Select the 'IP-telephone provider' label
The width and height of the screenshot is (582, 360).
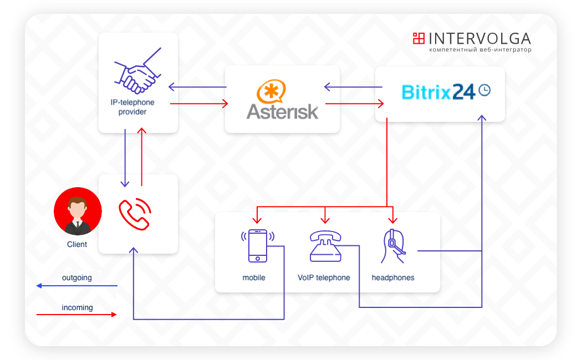[132, 107]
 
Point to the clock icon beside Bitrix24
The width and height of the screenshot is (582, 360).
[484, 90]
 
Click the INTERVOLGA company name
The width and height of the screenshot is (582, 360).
[479, 38]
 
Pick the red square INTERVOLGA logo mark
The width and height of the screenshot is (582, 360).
[418, 38]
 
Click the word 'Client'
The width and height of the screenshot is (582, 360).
[77, 244]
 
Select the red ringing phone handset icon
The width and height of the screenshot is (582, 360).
[135, 214]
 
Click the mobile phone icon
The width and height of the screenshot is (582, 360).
[257, 245]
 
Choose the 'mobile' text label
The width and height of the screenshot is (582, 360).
[254, 277]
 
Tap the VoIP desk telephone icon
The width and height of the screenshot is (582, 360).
[325, 246]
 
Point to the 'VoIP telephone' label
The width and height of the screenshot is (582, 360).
[324, 277]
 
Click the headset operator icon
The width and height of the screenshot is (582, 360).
[393, 245]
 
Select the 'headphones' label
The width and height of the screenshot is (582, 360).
[393, 277]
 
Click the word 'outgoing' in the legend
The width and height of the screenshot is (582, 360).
[77, 277]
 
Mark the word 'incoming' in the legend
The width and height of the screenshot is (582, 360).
[77, 307]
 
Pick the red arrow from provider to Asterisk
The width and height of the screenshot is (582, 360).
[200, 104]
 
